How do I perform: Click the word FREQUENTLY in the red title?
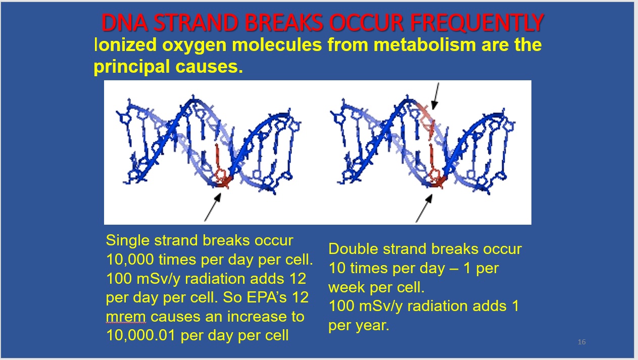point(477,23)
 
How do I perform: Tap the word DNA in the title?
point(124,23)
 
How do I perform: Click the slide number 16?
point(581,342)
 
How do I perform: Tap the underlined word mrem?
point(126,317)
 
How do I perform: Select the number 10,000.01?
point(141,335)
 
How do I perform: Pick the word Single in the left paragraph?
point(128,241)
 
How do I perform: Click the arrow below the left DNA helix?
point(213,207)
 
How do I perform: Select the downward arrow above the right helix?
point(436,96)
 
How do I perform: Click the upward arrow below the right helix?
point(424,209)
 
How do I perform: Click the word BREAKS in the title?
point(284,23)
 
